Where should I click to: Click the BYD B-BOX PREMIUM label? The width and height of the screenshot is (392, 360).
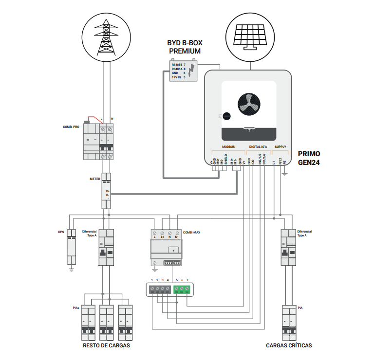pyautogui.click(x=185, y=47)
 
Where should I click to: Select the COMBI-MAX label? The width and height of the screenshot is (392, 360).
pyautogui.click(x=191, y=233)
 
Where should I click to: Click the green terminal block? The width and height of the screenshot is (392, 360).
pyautogui.click(x=182, y=290)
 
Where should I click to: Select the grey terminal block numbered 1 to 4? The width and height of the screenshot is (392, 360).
pyautogui.click(x=160, y=290)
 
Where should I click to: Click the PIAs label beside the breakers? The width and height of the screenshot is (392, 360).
pyautogui.click(x=75, y=308)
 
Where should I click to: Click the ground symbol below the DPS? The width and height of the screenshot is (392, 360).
pyautogui.click(x=71, y=269)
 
